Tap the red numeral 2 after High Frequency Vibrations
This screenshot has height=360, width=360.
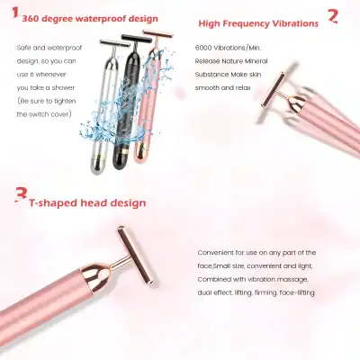click(333, 14)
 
